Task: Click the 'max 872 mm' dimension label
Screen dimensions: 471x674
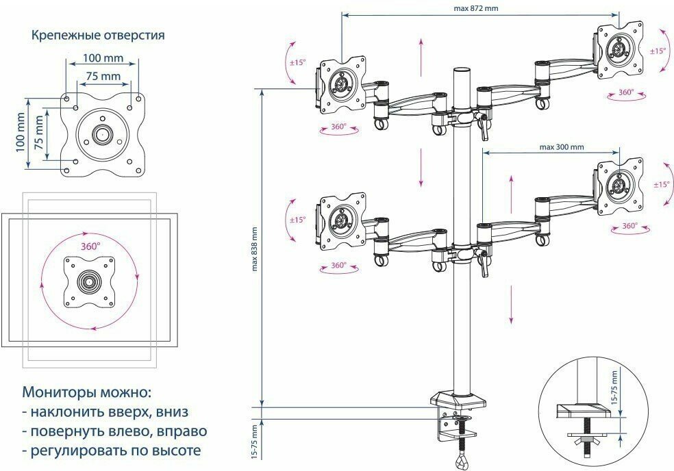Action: (475, 8)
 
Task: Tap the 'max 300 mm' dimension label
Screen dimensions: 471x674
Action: (561, 147)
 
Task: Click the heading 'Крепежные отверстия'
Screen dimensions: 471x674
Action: (98, 34)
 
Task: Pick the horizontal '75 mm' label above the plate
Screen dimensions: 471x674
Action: (103, 76)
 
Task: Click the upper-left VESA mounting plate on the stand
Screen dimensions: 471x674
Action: (340, 84)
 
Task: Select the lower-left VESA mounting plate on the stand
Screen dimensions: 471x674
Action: (340, 220)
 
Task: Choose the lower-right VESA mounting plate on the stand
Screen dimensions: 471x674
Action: (621, 185)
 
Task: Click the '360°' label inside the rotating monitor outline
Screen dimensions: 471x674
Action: (90, 244)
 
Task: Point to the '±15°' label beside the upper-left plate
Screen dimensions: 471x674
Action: (297, 62)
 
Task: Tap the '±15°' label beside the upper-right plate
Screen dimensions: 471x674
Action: (658, 51)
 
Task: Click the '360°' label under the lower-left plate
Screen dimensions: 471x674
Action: (338, 265)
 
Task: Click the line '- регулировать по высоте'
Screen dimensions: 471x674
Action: (112, 451)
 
